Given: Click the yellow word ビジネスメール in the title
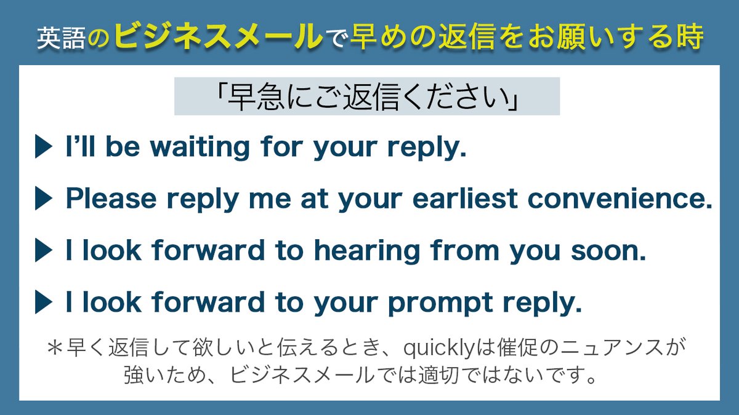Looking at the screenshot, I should point(218,38).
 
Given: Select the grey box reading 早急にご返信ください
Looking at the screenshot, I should point(366,96).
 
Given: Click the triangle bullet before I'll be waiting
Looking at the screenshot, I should point(44,148).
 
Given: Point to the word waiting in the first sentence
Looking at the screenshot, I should point(200,148).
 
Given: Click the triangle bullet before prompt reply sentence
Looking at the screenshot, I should point(44,302).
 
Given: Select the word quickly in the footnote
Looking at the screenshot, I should point(439,349).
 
